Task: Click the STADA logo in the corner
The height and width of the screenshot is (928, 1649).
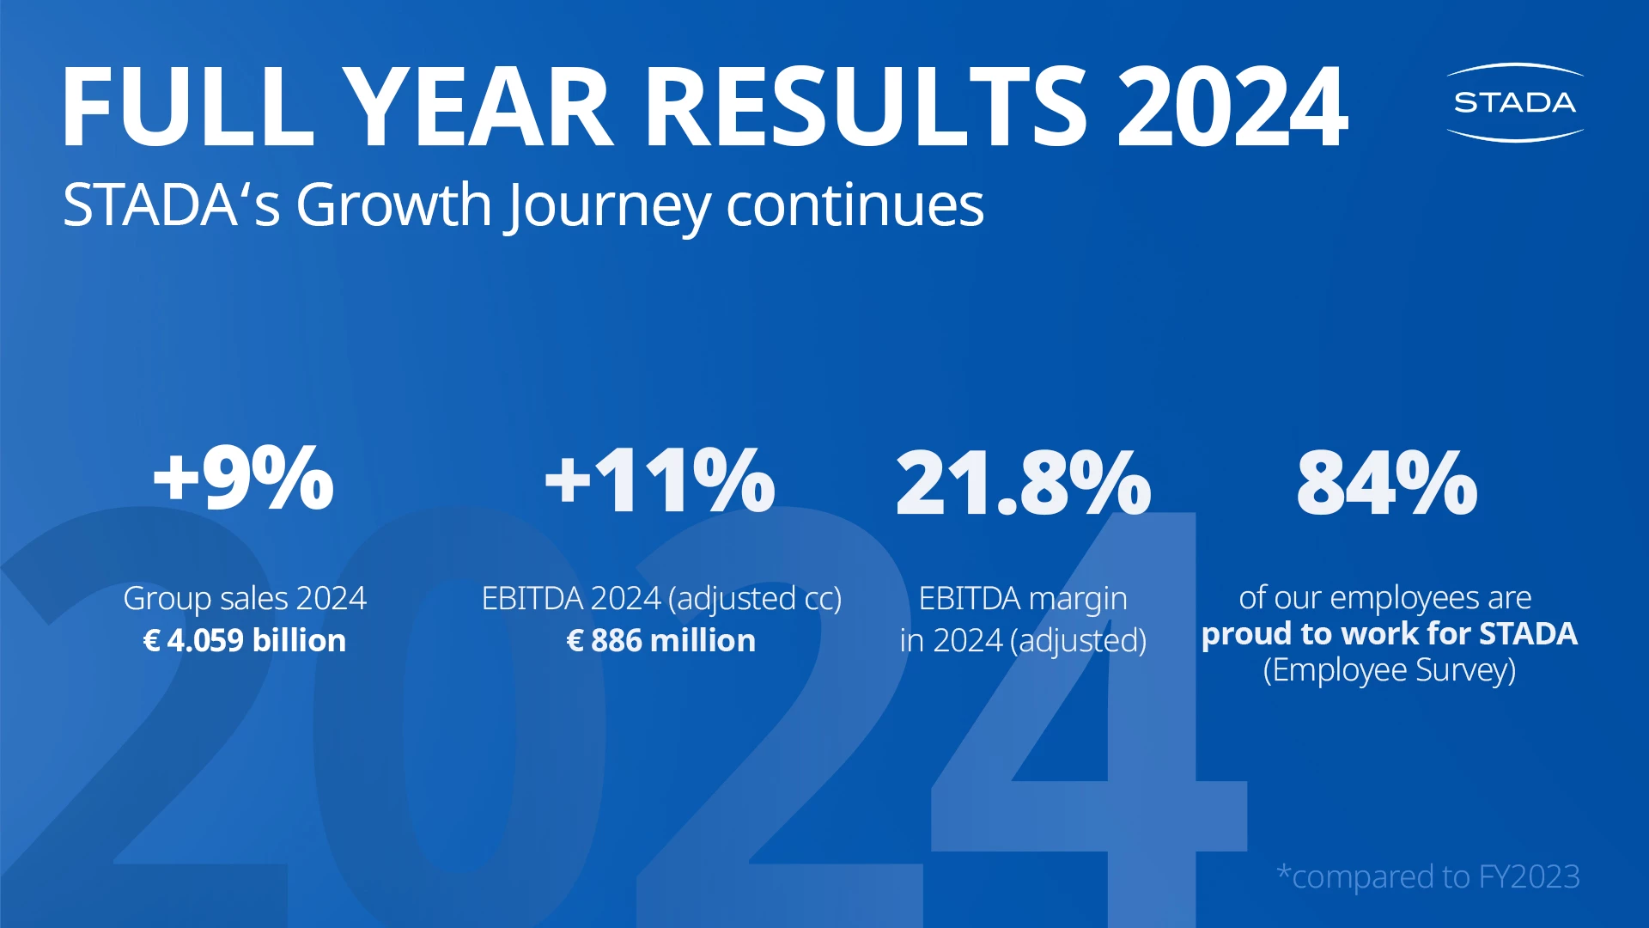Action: click(1514, 102)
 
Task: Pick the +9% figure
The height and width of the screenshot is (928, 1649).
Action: click(243, 479)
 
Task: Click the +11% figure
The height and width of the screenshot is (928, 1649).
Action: click(660, 481)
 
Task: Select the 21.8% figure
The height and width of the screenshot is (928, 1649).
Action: click(1023, 483)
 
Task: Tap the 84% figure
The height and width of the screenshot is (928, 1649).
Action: click(1387, 483)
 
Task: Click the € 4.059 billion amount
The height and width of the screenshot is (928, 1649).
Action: click(245, 640)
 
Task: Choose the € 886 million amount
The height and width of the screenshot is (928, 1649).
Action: click(661, 640)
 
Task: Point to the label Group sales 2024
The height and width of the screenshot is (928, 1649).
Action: click(245, 598)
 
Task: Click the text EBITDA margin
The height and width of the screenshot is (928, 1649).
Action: click(1023, 598)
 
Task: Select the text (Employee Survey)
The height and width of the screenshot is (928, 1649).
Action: click(1389, 669)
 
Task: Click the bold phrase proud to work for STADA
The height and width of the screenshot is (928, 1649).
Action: click(1389, 633)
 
